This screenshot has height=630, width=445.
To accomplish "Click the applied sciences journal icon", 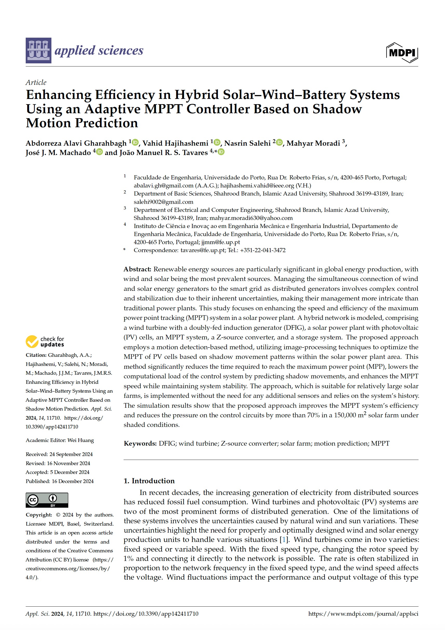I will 38,50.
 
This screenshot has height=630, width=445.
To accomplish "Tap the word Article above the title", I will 36,82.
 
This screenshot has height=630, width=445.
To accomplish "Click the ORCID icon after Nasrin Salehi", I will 279,142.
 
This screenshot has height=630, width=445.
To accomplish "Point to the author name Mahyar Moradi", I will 313,143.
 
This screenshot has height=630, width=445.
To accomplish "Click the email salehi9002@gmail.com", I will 163,202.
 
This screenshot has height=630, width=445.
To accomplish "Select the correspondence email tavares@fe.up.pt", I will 203,250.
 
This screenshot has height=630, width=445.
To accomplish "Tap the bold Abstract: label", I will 137,269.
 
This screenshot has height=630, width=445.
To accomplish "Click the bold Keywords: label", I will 140,443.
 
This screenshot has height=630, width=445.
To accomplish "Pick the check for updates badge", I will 45,341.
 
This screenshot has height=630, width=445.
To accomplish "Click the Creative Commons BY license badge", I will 47,500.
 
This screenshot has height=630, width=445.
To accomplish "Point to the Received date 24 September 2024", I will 71,454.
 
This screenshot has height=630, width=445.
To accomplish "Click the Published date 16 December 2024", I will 72,481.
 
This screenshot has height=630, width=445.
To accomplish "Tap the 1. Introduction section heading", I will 149,481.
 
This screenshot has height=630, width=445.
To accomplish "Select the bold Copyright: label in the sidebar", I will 39,515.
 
